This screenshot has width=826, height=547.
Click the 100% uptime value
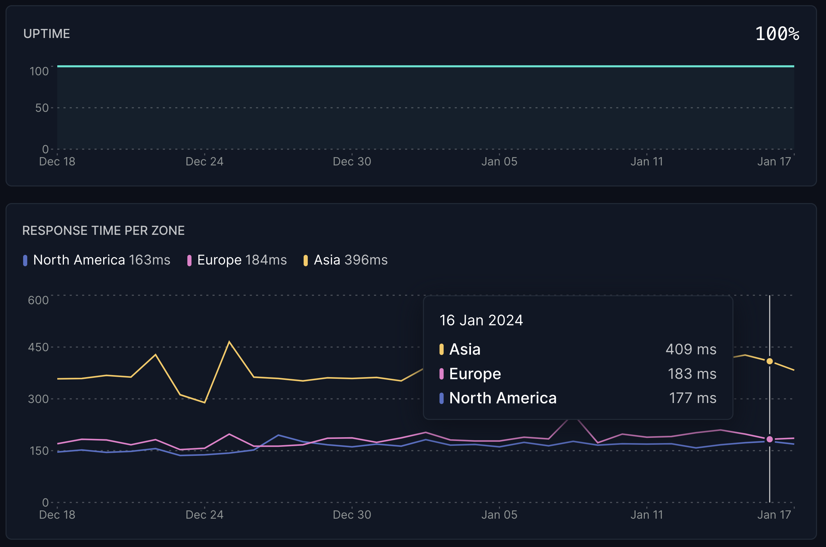pyautogui.click(x=777, y=34)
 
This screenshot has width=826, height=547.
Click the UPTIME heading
pyautogui.click(x=46, y=34)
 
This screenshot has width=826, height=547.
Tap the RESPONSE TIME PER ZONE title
pyautogui.click(x=103, y=231)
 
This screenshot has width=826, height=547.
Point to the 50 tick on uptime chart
pyautogui.click(x=42, y=108)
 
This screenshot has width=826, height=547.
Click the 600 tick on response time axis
pyautogui.click(x=38, y=300)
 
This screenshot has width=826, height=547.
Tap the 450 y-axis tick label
pyautogui.click(x=38, y=347)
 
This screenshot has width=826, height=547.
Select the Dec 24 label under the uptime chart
pyautogui.click(x=204, y=162)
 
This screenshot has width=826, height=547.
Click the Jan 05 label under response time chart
pyautogui.click(x=499, y=515)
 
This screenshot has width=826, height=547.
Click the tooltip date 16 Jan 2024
pyautogui.click(x=481, y=320)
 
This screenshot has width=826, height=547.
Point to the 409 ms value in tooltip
pyautogui.click(x=691, y=349)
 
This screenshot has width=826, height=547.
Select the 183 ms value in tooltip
pyautogui.click(x=692, y=374)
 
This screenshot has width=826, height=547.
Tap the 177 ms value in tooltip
pyautogui.click(x=692, y=399)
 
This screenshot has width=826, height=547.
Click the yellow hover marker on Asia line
pyautogui.click(x=769, y=362)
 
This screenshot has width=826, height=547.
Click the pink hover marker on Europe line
pyautogui.click(x=769, y=440)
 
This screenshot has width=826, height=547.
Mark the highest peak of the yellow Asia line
pyautogui.click(x=229, y=342)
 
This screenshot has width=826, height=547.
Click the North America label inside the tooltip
pyautogui.click(x=503, y=399)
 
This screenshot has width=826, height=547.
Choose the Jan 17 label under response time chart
pyautogui.click(x=774, y=515)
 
